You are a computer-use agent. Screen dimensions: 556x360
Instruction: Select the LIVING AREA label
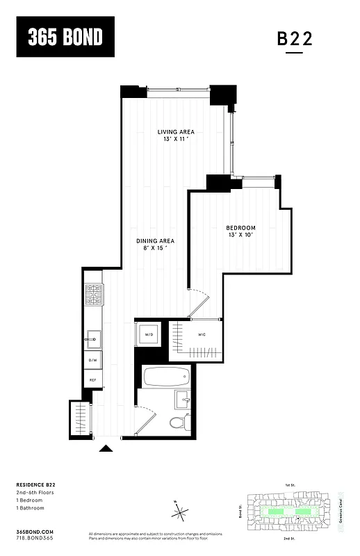175,132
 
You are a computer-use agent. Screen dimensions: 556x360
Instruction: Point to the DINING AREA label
154,240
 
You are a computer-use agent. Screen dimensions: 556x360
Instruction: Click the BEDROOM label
240,228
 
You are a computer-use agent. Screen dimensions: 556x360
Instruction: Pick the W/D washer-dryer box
149,335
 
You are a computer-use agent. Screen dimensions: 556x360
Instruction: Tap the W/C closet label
202,335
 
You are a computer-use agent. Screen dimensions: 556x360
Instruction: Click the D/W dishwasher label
92,360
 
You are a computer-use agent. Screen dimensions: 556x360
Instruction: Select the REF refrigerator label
92,381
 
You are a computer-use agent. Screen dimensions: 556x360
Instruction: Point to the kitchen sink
92,341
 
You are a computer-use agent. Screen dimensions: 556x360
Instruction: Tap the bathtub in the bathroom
166,378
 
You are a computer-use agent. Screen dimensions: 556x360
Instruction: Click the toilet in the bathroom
178,421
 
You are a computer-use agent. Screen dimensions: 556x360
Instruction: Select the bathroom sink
183,398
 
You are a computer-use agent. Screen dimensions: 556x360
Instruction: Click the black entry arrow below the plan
106,449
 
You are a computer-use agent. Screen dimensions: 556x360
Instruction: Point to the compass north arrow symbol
181,513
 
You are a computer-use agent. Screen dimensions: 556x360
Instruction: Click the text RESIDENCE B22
35,484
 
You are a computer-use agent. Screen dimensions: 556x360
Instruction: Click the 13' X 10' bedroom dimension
240,236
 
